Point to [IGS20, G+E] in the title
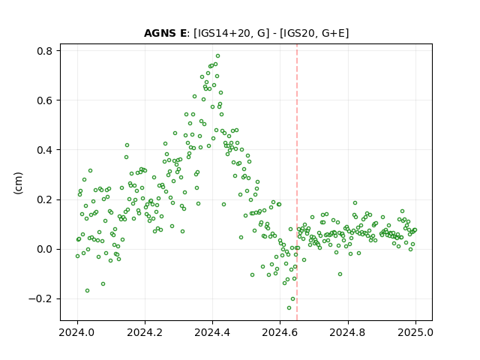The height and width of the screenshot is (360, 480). [314, 33]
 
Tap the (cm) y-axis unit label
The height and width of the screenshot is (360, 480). [18, 183]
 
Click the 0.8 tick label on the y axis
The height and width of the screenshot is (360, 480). [45, 51]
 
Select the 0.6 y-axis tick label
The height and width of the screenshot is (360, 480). [45, 100]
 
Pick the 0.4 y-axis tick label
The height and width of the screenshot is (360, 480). [45, 150]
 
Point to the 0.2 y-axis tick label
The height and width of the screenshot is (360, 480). [45, 199]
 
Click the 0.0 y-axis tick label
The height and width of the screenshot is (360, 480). [45, 249]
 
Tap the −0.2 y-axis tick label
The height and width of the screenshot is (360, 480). [41, 298]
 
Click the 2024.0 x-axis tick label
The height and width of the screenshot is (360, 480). [77, 332]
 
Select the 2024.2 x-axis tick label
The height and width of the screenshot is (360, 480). [145, 332]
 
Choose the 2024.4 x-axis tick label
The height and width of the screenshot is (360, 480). [212, 332]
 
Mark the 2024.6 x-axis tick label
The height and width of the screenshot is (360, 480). [280, 332]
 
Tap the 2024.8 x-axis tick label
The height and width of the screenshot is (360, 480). [348, 332]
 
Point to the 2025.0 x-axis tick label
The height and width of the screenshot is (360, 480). [415, 332]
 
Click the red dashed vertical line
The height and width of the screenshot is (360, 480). [297, 182]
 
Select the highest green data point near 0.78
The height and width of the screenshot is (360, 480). [217, 56]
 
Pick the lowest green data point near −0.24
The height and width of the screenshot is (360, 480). [289, 307]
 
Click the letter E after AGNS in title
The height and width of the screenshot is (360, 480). [181, 33]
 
